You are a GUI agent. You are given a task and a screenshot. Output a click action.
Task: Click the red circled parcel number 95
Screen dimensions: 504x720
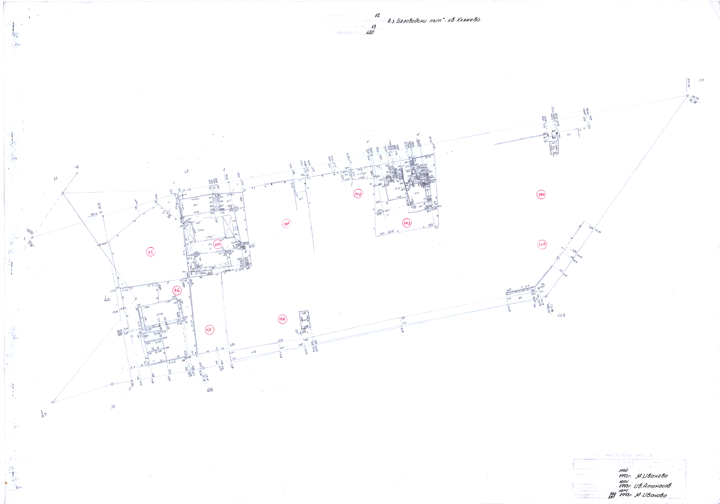[x=151, y=252]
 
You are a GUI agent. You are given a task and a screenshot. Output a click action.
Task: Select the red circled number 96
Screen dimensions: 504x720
[x=177, y=290]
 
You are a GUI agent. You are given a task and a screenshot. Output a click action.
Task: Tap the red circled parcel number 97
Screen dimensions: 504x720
[x=209, y=330]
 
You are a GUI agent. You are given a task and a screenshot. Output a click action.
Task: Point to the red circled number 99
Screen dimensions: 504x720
[x=282, y=319]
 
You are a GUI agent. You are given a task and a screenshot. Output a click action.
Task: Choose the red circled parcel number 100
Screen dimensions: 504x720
[x=217, y=244]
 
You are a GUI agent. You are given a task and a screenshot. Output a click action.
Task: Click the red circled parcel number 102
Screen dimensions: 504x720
[x=358, y=194]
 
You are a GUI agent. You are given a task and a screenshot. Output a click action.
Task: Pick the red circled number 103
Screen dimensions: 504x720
[x=407, y=223]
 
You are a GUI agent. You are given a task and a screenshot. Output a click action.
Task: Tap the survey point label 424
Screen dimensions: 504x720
[x=210, y=390]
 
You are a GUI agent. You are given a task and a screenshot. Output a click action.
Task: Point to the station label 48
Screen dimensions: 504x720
[x=77, y=167]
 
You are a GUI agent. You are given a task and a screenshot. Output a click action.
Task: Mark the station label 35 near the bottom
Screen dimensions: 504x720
[x=113, y=407]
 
